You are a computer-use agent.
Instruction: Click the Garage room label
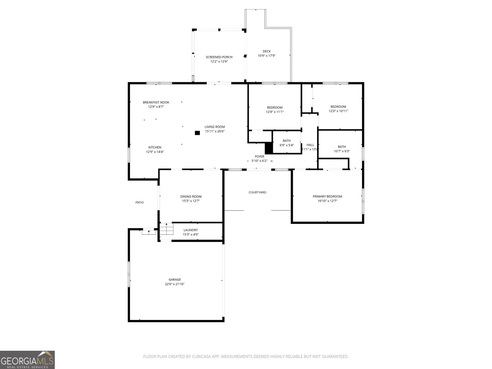point(174,280)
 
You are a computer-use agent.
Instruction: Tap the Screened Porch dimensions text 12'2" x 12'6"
point(219,61)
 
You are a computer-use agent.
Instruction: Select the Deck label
point(267,51)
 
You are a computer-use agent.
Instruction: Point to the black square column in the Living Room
point(197,133)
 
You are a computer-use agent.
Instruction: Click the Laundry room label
point(191,230)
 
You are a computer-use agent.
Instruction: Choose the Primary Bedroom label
point(327,196)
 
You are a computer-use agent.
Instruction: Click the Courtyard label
point(257,192)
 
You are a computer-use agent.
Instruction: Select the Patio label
point(140,202)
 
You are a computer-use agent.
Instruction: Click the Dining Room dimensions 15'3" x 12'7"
point(191,201)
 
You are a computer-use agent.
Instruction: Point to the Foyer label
point(259,157)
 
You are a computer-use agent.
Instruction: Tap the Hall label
point(310,145)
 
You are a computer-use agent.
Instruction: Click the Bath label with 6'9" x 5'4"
point(287,141)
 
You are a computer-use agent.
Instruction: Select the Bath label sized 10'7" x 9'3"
point(342,147)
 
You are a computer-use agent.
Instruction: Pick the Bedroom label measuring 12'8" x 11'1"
point(275,108)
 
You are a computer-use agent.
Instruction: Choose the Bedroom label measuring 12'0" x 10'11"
point(338,107)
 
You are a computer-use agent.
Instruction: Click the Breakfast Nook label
point(156,102)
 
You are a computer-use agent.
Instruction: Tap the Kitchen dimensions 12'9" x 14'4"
point(155,152)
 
